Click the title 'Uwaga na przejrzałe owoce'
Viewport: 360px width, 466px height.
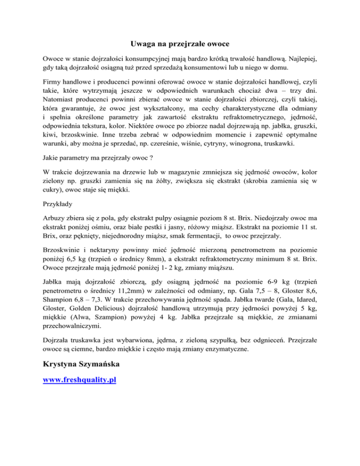pos(180,45)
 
